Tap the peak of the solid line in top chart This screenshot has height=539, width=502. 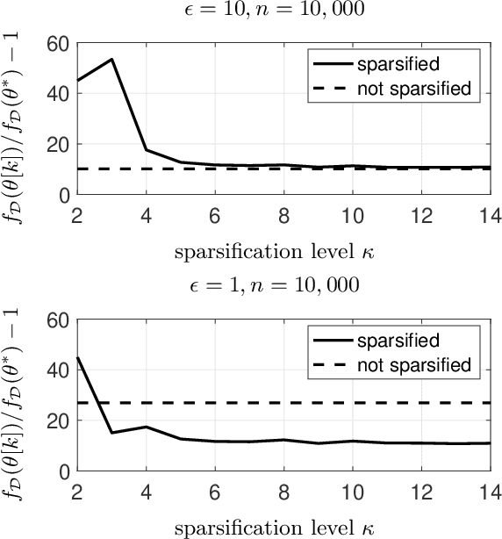tap(111, 60)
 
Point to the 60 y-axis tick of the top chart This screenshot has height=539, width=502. tap(57, 43)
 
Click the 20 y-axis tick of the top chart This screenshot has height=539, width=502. tap(57, 144)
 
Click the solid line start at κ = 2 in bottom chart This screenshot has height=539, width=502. tap(77, 357)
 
